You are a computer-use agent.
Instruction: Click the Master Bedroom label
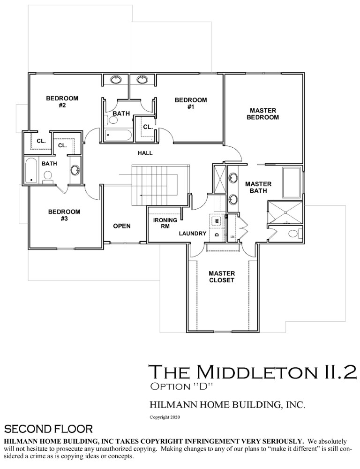pos(263,114)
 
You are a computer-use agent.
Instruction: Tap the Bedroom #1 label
pos(191,104)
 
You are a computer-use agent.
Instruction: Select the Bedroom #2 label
pos(62,102)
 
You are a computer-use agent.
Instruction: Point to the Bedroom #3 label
pos(64,215)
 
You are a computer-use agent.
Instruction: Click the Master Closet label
pos(222,277)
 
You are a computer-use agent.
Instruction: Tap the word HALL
pos(145,153)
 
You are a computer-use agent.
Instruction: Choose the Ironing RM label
pos(165,223)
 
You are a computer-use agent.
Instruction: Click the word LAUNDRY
pos(193,233)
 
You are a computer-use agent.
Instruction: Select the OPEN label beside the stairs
pos(122,226)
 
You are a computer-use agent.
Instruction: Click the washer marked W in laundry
pos(217,221)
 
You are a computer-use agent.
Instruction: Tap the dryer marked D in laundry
pos(217,234)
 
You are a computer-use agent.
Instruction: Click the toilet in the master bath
pos(295,233)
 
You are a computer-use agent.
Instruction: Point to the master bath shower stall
pos(285,213)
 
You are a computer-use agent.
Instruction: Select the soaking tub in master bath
pos(291,182)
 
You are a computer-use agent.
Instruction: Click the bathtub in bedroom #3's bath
pos(31,171)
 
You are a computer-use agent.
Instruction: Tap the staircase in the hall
pos(160,185)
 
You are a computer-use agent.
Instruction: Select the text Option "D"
pos(181,386)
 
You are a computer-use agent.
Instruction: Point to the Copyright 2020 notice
pos(165,417)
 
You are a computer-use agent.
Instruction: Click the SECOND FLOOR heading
pos(48,429)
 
